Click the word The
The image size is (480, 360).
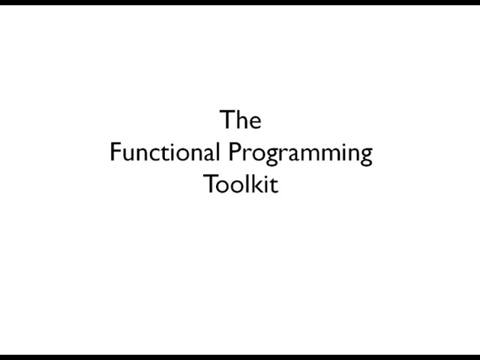241,119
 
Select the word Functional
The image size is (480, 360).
165,151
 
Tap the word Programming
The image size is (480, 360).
301,154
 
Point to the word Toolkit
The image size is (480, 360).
241,184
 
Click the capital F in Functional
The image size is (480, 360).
115,151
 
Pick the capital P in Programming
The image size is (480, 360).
235,151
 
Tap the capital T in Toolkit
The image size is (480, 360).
211,184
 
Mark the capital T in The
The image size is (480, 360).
227,120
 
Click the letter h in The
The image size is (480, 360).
241,119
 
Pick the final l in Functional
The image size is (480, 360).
217,151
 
